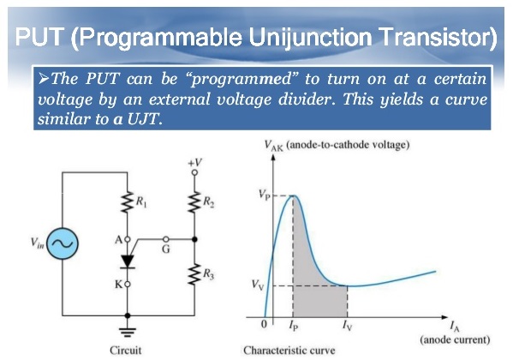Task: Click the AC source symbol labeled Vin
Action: click(x=62, y=243)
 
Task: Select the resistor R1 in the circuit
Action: click(x=127, y=203)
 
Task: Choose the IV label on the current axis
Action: click(x=346, y=327)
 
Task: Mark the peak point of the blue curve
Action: click(x=293, y=195)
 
